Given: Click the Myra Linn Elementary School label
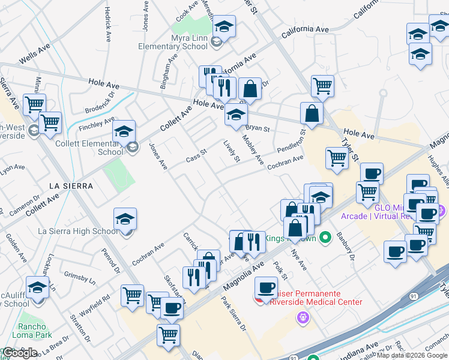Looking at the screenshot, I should tap(172, 41).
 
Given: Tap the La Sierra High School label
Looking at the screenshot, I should tap(78, 231).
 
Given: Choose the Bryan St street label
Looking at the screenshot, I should tap(258, 128).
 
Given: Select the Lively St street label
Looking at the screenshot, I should tap(232, 151).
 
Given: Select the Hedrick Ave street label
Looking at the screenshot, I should tap(108, 24).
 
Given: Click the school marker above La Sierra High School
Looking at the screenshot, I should tap(125, 220).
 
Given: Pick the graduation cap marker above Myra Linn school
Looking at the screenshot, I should tap(224, 27).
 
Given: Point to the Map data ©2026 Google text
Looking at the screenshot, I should tap(412, 355).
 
